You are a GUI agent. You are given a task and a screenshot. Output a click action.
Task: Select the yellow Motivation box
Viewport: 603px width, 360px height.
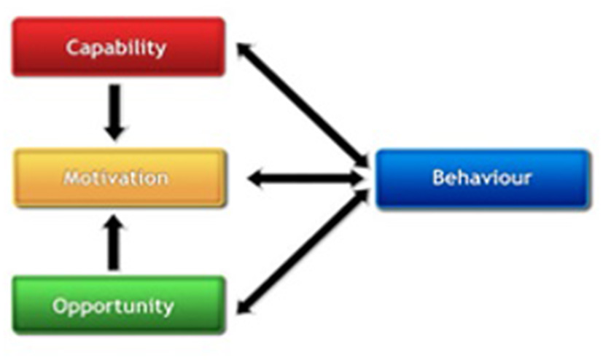[116, 178]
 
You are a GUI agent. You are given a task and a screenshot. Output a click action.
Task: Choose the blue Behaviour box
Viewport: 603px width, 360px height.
[482, 179]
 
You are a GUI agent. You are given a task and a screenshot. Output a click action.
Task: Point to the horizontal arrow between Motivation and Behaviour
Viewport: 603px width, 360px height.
[306, 178]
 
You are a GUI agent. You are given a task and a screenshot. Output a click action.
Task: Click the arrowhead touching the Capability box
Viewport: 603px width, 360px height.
[245, 52]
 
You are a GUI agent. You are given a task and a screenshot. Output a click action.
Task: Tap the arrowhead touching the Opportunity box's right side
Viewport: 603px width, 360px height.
[246, 306]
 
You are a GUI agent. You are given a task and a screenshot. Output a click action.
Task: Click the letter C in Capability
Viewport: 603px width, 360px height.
[72, 48]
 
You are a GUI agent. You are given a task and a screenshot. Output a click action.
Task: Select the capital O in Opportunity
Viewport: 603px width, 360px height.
[59, 305]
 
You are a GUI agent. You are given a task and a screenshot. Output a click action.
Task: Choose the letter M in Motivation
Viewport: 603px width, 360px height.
[71, 178]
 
